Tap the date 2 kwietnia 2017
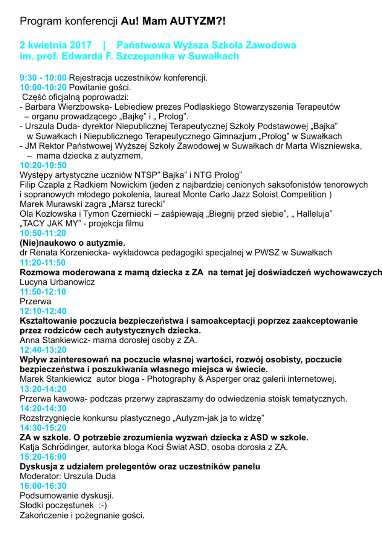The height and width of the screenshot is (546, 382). [x=56, y=45]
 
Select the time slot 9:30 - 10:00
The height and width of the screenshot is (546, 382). [x=43, y=78]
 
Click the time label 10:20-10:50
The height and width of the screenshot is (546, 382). [x=43, y=165]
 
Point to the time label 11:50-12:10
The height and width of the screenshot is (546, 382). [x=43, y=292]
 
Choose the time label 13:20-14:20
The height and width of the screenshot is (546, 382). [x=43, y=389]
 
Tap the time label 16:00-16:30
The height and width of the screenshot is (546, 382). [x=43, y=486]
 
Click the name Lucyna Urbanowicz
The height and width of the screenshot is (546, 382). [x=57, y=282]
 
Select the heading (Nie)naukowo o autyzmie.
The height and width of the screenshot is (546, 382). [x=73, y=243]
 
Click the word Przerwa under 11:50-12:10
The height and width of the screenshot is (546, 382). [x=36, y=301]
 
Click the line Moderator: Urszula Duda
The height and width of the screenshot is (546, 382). [x=68, y=476]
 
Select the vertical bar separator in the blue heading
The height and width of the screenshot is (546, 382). [x=104, y=45]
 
